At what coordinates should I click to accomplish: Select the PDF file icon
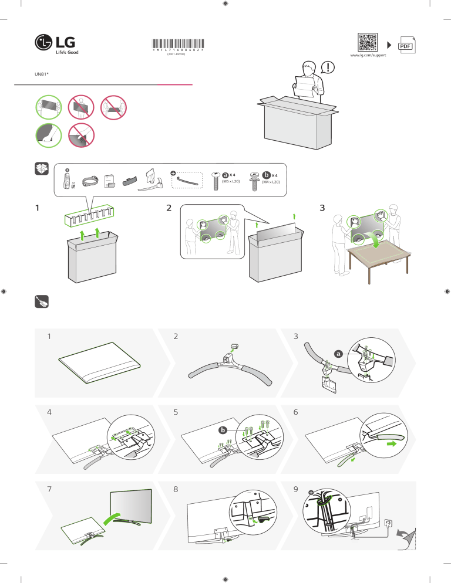tap(405, 46)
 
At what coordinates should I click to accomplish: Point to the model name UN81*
tap(41, 74)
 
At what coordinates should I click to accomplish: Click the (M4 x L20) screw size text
tap(271, 182)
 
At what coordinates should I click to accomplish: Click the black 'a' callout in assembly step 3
tap(338, 354)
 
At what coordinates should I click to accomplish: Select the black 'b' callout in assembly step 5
tap(223, 431)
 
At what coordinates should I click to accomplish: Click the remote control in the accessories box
tap(67, 179)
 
